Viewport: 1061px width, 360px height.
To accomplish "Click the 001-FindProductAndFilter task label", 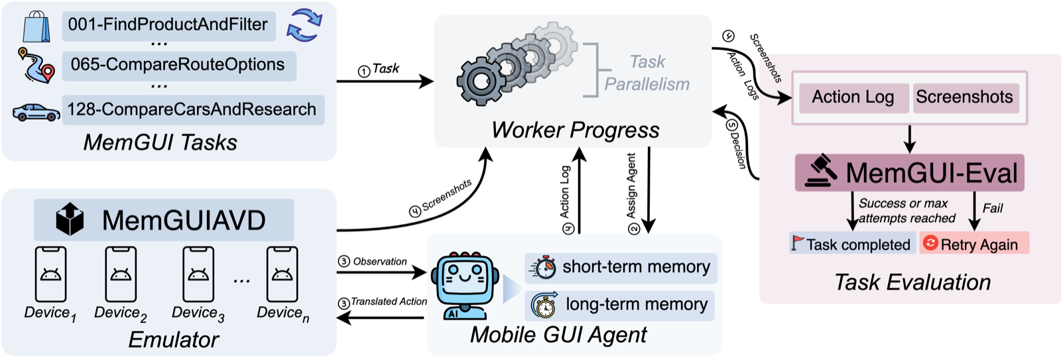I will pos(168,25).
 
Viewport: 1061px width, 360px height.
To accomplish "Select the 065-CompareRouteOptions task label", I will pos(178,65).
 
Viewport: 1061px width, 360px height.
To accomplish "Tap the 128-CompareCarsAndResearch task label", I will pos(192,109).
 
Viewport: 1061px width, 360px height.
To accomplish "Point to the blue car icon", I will pos(36,112).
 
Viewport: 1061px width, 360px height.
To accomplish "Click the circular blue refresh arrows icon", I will pos(304,25).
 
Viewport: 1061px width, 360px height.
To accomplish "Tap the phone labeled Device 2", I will pos(121,274).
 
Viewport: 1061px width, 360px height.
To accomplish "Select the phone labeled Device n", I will pos(282,274).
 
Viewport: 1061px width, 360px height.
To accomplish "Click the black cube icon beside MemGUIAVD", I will pos(70,219).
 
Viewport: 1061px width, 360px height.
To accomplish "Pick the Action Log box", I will pos(853,97).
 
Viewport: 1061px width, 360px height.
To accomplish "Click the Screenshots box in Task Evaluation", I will pos(965,97).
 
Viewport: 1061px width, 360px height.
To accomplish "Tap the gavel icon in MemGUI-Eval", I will pos(821,172).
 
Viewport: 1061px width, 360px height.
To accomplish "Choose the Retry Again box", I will pos(973,244).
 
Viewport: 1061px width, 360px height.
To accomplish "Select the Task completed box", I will pos(851,244).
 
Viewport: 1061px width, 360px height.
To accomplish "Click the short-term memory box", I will pos(621,267).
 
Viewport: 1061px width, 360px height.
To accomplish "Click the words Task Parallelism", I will pos(647,73).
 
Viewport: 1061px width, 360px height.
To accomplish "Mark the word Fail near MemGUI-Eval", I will pos(993,208).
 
